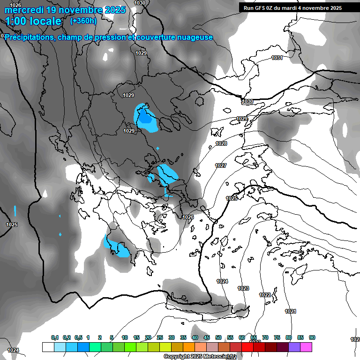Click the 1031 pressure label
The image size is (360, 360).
click(x=277, y=58)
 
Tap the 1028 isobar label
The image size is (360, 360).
click(x=221, y=143)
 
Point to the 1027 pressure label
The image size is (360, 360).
click(x=221, y=165)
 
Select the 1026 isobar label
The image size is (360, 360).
click(x=188, y=217)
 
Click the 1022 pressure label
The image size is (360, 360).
click(x=265, y=295)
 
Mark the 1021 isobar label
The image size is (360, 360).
click(x=291, y=311)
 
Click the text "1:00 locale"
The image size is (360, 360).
click(x=33, y=21)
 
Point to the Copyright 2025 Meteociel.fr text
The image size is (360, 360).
click(x=201, y=357)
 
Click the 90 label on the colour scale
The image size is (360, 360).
click(x=312, y=337)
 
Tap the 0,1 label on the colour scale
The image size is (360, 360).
click(x=55, y=337)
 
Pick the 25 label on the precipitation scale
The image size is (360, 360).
click(x=160, y=337)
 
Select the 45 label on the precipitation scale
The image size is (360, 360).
click(x=207, y=337)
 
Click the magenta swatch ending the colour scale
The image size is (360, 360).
click(x=306, y=347)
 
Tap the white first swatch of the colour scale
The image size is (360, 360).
click(x=48, y=347)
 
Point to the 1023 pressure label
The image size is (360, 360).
click(x=243, y=288)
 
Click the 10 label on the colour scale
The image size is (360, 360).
click(x=125, y=337)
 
